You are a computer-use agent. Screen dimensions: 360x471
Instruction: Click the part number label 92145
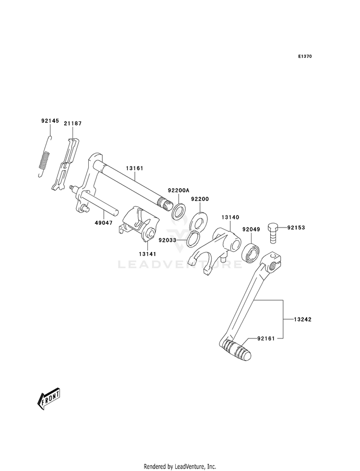tap(49, 121)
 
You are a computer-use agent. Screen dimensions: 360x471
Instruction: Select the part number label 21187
tap(72, 123)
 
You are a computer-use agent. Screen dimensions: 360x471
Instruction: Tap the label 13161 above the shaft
tap(134, 169)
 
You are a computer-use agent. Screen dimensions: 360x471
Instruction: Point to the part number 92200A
tap(179, 190)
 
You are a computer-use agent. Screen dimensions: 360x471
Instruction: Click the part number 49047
tap(104, 223)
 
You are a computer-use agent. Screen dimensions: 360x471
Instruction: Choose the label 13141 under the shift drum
tap(147, 254)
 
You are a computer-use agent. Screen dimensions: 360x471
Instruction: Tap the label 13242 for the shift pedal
tap(302, 319)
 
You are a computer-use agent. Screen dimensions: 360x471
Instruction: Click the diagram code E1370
tap(305, 56)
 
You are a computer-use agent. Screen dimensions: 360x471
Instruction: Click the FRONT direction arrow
tap(49, 399)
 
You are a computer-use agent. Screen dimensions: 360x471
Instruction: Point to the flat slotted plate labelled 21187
tap(66, 164)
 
